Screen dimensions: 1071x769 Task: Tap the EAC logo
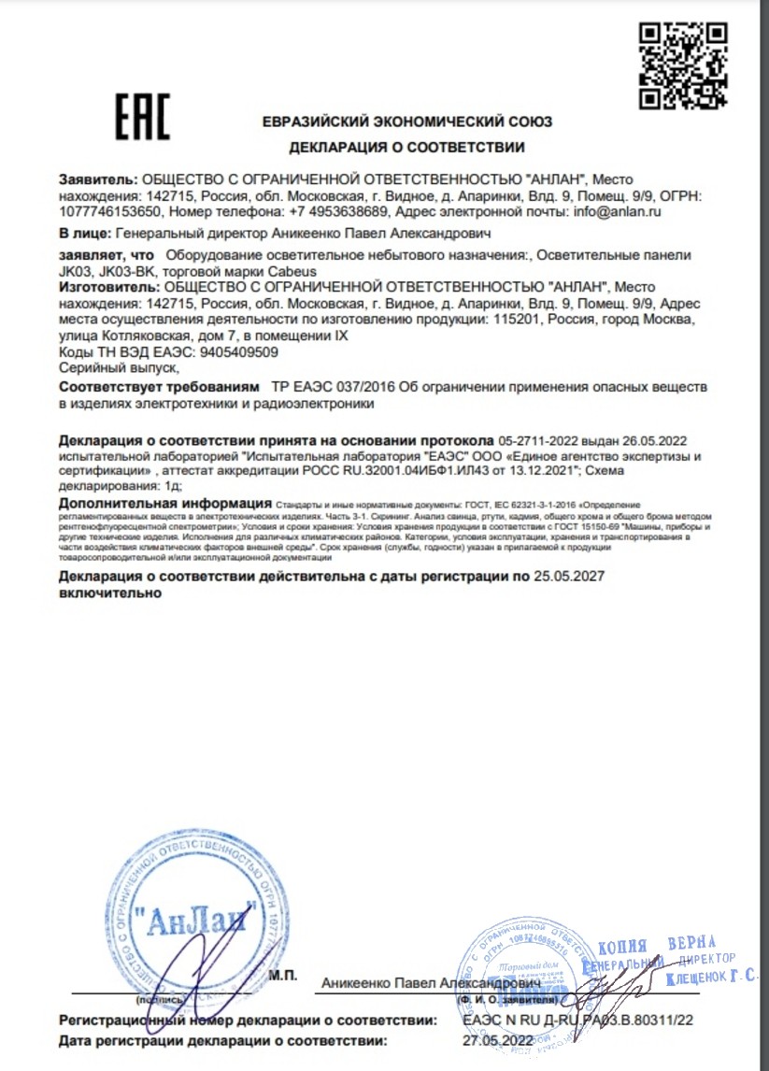pos(142,119)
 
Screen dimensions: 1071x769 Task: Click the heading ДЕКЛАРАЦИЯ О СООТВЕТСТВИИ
pos(406,147)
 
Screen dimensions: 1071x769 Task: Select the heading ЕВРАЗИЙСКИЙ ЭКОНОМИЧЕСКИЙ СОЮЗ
pos(406,121)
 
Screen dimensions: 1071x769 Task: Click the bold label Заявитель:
pos(98,178)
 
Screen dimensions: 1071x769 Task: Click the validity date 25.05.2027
pos(568,578)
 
